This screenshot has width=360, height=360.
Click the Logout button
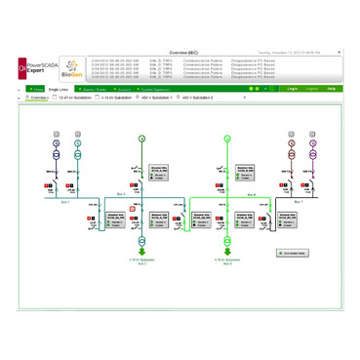coord(311,89)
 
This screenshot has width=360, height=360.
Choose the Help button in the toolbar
coord(332,89)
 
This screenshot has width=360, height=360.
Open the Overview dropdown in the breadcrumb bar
coord(38,99)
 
